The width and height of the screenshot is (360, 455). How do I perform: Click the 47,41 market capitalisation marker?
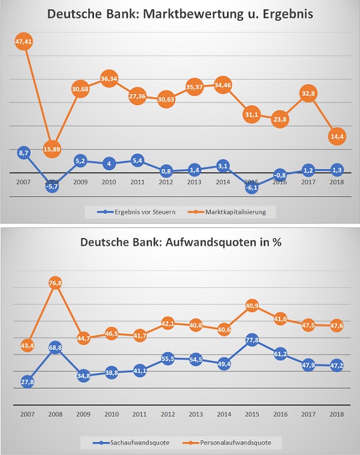coord(24,42)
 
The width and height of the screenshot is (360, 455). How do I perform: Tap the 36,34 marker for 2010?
coord(108,80)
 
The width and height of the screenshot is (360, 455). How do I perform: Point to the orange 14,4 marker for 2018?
coord(336,137)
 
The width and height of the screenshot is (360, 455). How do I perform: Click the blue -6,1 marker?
coord(251,187)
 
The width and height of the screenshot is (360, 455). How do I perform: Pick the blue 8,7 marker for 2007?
coord(24,153)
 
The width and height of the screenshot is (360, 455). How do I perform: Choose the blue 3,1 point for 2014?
coord(222,165)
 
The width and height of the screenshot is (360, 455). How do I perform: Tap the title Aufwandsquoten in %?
coord(180,243)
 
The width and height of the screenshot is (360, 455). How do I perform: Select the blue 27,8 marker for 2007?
coord(26,382)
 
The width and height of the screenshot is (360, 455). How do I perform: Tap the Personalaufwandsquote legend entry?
coord(228,441)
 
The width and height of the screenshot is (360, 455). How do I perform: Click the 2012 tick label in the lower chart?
coord(166,414)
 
